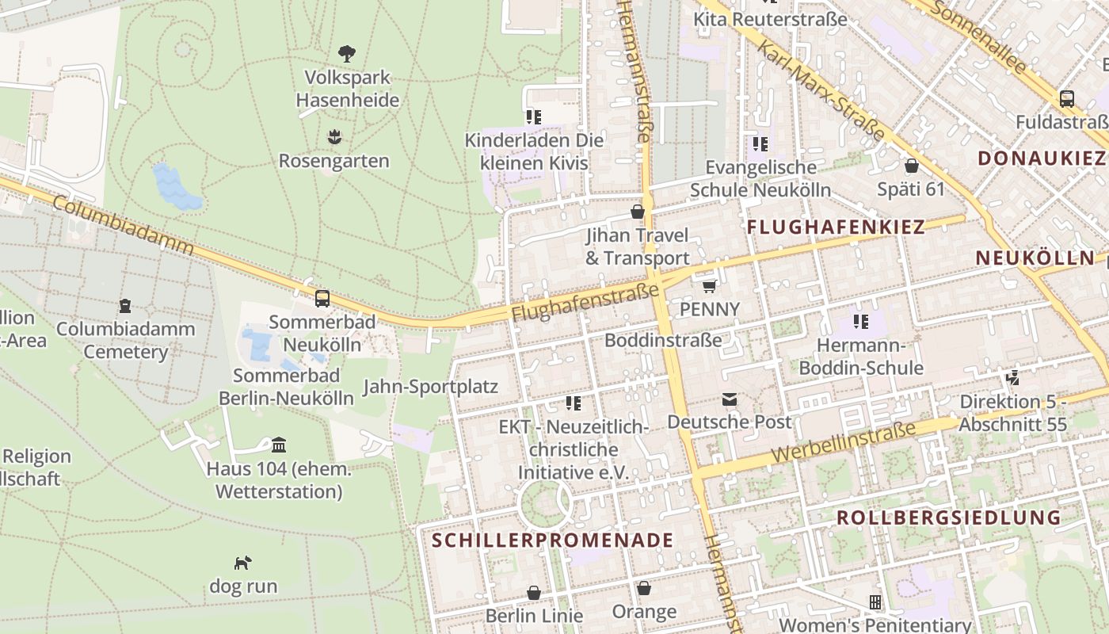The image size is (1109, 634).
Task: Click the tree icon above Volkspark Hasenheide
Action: point(346,54)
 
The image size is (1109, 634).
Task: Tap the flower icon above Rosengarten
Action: point(334,137)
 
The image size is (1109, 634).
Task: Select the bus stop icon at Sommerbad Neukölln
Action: point(322,299)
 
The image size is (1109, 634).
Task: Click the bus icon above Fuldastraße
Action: point(1067,99)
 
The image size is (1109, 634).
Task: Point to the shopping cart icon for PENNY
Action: point(709,285)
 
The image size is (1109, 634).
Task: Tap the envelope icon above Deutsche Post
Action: point(729,399)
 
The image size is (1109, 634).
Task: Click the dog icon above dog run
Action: point(242,563)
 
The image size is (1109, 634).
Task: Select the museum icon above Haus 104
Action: point(278,445)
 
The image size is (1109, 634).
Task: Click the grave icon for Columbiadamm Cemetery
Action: point(124,305)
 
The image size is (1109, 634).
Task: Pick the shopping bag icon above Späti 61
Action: point(911,166)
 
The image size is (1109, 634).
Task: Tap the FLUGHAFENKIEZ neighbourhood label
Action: point(836,227)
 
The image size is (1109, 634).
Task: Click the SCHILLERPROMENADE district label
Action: point(553,540)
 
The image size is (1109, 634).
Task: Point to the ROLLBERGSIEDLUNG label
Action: point(948,518)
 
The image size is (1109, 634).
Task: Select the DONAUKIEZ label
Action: point(1041,158)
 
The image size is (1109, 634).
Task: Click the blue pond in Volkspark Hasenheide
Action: point(176,189)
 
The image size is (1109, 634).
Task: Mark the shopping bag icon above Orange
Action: point(644,588)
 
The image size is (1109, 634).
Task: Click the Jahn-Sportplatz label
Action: point(430,387)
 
